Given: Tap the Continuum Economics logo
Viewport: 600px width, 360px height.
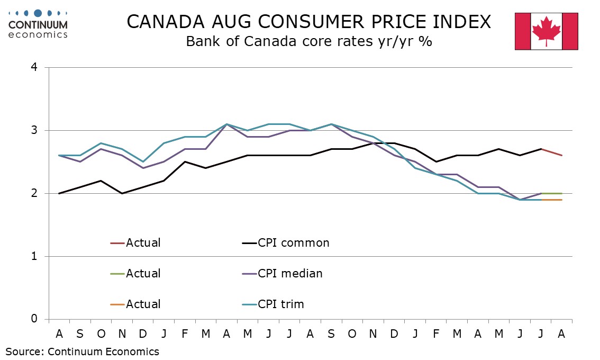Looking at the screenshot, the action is [x=38, y=24].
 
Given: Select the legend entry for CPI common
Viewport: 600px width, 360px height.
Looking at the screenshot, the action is [x=286, y=243].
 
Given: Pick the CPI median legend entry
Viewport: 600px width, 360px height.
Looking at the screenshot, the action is [x=283, y=274].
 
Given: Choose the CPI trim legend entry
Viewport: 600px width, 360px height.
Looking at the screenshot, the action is [x=273, y=304].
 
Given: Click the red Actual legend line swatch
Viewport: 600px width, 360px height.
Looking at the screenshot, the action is [x=117, y=243].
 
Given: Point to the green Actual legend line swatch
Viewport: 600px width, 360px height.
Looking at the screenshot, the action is [x=117, y=274].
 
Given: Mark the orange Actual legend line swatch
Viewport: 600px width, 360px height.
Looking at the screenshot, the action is [x=117, y=304].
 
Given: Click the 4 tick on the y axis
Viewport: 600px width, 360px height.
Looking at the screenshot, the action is [x=34, y=67].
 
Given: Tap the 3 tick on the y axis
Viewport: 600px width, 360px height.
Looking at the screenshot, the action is [x=34, y=130].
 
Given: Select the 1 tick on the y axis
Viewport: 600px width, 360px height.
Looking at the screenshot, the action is [x=34, y=256].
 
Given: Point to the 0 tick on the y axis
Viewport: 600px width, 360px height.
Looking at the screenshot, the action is [x=34, y=319].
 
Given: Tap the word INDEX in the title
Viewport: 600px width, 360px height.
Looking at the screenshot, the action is [x=461, y=22].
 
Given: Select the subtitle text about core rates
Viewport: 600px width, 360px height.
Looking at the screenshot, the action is [x=309, y=41].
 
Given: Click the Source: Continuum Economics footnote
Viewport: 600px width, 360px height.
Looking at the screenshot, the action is [x=82, y=352].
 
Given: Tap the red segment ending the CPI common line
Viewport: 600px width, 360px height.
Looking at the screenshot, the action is [x=551, y=152].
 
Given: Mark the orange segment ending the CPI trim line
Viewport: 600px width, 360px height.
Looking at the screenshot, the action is [x=551, y=200].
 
